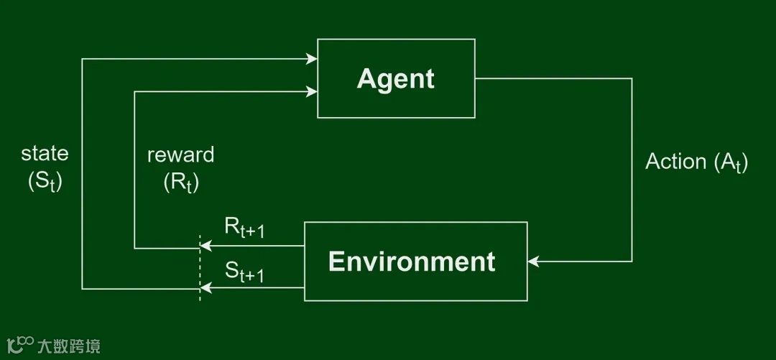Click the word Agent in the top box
coord(395,79)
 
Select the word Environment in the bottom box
coord(412,262)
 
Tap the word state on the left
coord(45,153)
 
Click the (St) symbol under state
coord(45,181)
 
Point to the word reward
coord(180,154)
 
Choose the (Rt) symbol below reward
coord(181,183)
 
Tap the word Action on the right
coord(676,162)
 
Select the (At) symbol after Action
coord(731,163)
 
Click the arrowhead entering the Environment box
coord(533,262)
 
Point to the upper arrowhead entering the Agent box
coord(312,59)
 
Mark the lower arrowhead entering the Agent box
coord(312,91)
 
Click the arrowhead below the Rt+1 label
coord(205,246)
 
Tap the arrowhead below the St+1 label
coord(205,288)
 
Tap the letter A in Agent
coord(366,79)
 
